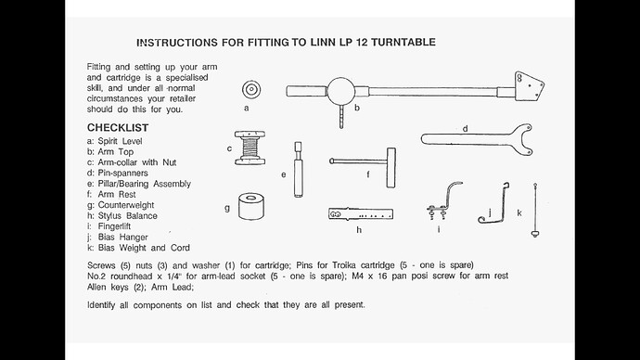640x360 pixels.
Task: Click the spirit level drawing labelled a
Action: (251, 89)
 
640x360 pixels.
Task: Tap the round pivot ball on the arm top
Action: (341, 92)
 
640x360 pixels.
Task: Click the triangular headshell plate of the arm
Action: (529, 85)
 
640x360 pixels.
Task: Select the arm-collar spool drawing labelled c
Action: (250, 148)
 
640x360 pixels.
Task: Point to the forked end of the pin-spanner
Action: (523, 140)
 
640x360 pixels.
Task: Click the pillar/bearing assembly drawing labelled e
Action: (299, 170)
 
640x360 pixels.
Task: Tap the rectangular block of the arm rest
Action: (391, 168)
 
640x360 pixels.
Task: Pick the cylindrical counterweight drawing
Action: (251, 207)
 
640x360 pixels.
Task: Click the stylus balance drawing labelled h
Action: (361, 214)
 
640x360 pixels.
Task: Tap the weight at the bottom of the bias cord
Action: (534, 233)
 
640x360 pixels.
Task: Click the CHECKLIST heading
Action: (118, 128)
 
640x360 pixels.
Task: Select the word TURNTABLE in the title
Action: (403, 42)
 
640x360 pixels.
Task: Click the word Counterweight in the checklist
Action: (126, 205)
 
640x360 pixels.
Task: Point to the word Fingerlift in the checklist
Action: (114, 226)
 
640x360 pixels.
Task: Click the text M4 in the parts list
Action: (357, 276)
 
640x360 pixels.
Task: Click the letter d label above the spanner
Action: (465, 129)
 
